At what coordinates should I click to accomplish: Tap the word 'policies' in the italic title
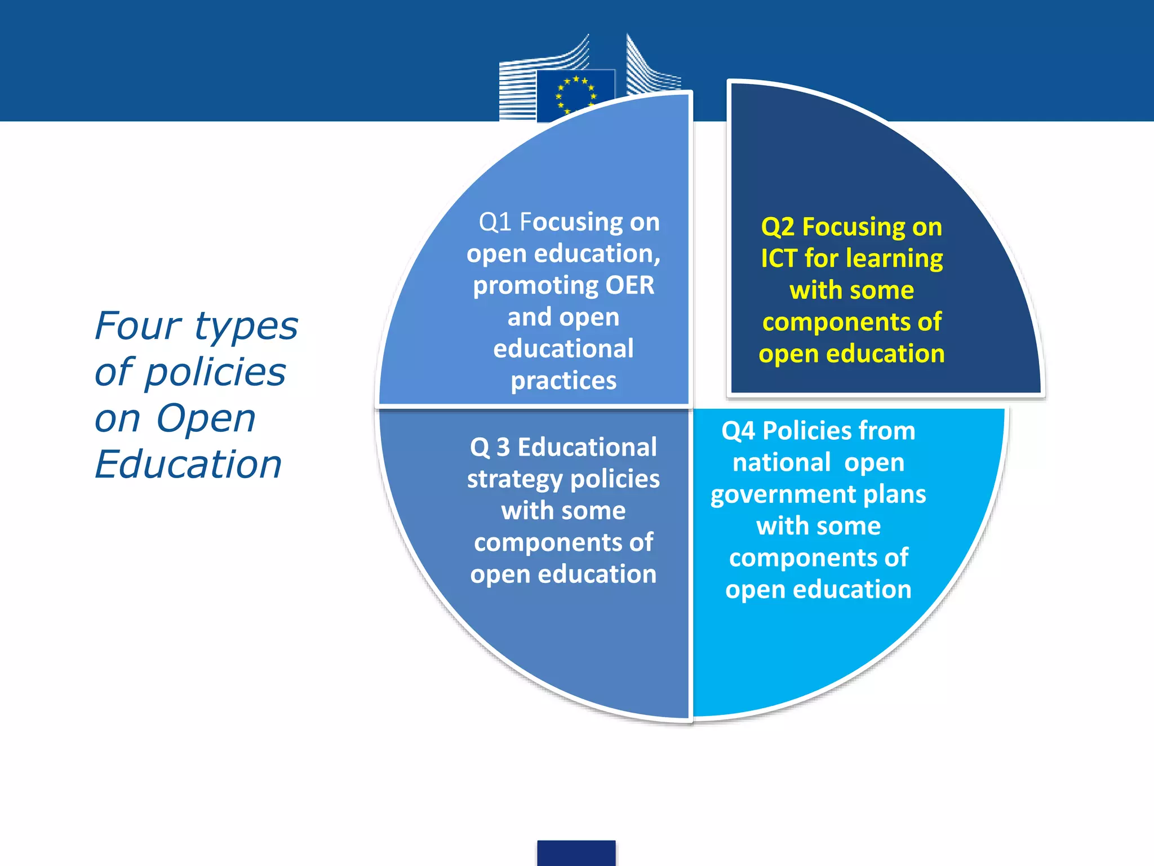tap(215, 373)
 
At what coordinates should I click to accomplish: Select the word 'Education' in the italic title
tap(188, 465)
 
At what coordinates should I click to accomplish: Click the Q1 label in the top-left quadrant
tap(495, 222)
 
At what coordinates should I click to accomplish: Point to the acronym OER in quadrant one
tap(629, 285)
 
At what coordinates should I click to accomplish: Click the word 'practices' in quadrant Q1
tap(563, 381)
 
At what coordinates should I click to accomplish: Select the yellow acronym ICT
tap(779, 259)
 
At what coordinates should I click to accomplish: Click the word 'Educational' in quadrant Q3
tap(587, 447)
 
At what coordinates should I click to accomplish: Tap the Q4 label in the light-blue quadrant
tap(738, 431)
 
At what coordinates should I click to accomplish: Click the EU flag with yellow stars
tap(575, 95)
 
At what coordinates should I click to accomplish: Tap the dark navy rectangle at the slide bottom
tap(576, 852)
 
